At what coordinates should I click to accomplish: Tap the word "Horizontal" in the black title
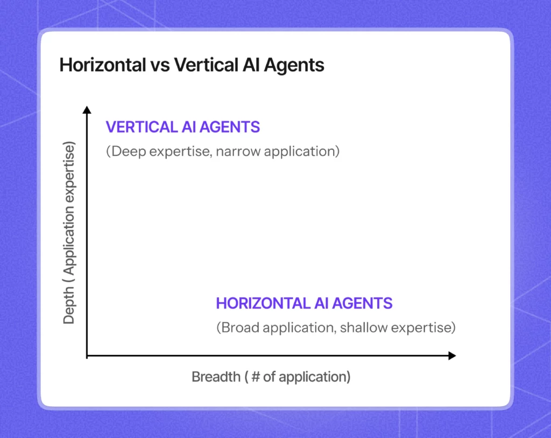click(x=103, y=65)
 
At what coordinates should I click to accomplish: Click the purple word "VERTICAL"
click(x=142, y=127)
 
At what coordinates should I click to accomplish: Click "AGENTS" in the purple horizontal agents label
click(x=362, y=303)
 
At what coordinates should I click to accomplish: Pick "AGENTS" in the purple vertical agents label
click(x=230, y=127)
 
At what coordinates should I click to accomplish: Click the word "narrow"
click(x=238, y=151)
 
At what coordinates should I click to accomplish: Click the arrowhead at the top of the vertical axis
click(x=87, y=109)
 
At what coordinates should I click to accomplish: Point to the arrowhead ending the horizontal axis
click(x=452, y=356)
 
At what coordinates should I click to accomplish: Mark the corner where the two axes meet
click(x=87, y=356)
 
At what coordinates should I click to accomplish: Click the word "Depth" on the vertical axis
click(x=69, y=305)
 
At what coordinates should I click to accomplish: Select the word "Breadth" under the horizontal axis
click(x=216, y=377)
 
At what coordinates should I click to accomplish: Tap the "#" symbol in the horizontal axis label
click(x=256, y=377)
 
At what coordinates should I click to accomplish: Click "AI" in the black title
click(x=250, y=65)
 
